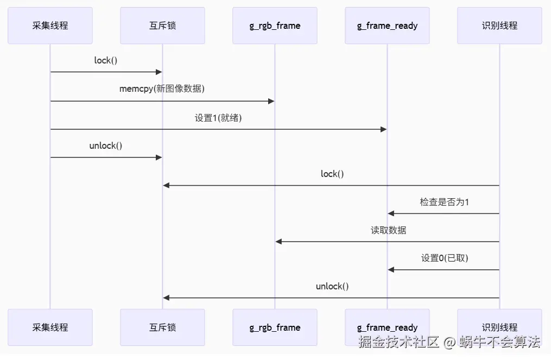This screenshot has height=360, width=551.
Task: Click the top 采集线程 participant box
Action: (x=50, y=26)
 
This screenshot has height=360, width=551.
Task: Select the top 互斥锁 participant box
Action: (x=162, y=26)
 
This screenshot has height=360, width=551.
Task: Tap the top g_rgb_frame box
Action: (x=275, y=26)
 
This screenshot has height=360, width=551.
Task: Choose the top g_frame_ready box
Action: (x=387, y=26)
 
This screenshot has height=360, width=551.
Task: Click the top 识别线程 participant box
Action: (x=499, y=26)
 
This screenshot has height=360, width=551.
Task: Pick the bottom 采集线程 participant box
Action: (x=50, y=327)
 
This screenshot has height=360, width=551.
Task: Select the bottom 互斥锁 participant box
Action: (x=162, y=327)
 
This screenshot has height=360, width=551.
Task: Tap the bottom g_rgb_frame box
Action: (x=275, y=327)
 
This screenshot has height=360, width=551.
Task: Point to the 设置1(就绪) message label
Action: (x=218, y=118)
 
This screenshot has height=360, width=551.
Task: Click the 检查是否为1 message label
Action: (x=444, y=202)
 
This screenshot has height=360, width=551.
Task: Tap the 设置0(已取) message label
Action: (x=444, y=258)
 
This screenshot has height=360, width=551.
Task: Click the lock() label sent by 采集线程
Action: (x=106, y=60)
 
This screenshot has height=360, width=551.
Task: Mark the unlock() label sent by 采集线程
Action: (x=106, y=146)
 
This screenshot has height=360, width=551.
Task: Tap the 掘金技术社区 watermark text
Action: (x=398, y=342)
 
